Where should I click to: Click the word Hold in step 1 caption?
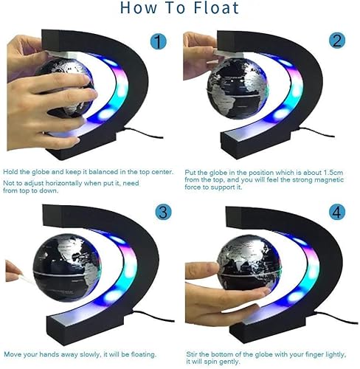click(11, 171)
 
